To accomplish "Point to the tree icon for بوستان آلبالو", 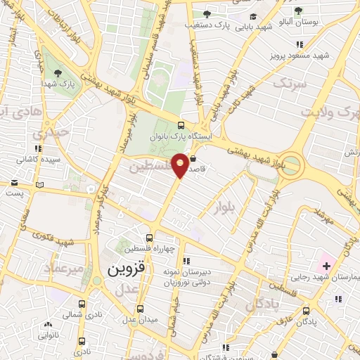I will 298,11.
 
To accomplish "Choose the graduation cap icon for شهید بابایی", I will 253,18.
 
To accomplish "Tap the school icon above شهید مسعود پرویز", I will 323,43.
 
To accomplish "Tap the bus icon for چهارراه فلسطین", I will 149,238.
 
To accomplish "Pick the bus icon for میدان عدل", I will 140,309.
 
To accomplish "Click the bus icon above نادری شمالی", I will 82,304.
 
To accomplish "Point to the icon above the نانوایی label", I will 48,325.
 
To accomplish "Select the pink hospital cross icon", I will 326,265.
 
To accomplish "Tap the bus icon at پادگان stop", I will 306,310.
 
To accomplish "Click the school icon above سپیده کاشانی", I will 37,149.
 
